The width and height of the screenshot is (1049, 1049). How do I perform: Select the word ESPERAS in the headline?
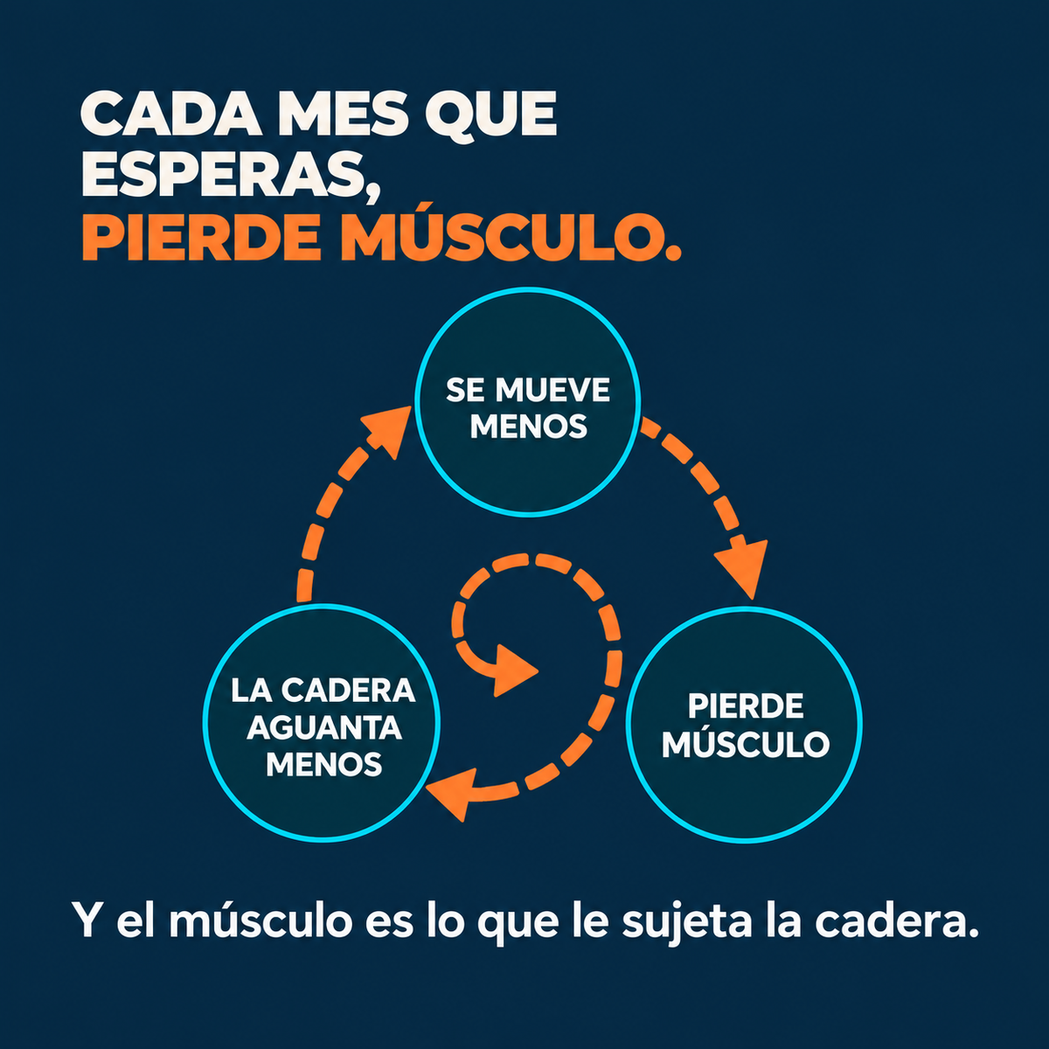click(x=222, y=174)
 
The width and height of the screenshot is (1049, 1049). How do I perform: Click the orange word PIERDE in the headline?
click(x=201, y=238)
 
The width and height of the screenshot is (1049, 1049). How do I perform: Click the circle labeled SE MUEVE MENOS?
click(x=527, y=402)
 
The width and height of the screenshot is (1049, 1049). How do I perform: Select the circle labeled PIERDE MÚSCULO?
click(x=744, y=725)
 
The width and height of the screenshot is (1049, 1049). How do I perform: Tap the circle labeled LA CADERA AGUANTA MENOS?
click(x=322, y=723)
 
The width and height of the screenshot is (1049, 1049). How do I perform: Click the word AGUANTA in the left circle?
click(x=324, y=728)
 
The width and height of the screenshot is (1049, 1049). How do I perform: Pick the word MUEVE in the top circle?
click(x=552, y=390)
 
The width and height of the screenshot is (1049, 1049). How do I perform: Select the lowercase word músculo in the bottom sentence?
click(x=261, y=919)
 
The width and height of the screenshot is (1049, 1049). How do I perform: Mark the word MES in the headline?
click(x=343, y=114)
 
